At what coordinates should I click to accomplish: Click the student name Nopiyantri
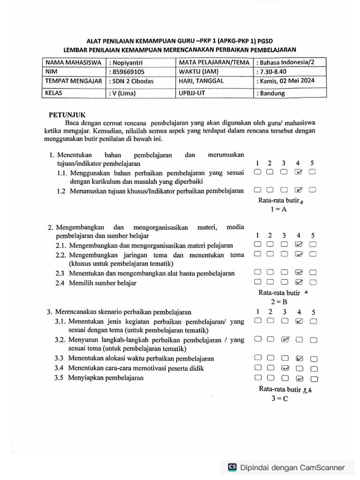pos(127,63)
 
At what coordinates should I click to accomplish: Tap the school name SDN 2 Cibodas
pos(132,81)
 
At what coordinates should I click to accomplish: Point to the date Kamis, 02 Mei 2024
pos(287,81)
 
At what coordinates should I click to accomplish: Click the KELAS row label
pos(54,93)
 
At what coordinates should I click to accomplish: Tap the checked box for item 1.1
pos(299,172)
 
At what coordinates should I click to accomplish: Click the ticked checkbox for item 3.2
pos(285,339)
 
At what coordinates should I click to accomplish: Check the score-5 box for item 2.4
pos(313,282)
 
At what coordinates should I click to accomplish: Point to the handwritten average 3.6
pos(307,390)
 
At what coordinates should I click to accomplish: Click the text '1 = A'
pos(278,210)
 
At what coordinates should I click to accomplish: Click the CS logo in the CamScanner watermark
pos(232,467)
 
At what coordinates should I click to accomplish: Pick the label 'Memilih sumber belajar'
pos(103,283)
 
